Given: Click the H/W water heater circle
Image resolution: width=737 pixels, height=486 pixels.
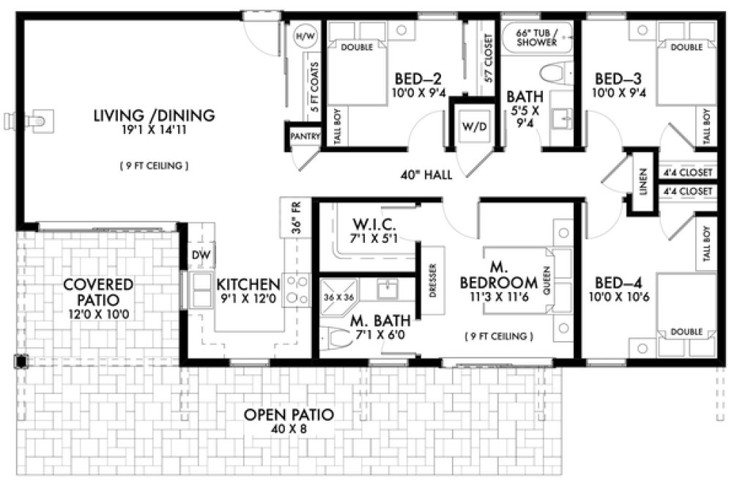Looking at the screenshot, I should click(303, 35).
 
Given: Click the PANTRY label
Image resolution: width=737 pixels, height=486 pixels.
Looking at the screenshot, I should click(303, 136).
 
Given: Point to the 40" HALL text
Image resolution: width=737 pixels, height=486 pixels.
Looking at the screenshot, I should click(426, 175).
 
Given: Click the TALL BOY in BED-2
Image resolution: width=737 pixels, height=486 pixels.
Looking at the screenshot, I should click(338, 128).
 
